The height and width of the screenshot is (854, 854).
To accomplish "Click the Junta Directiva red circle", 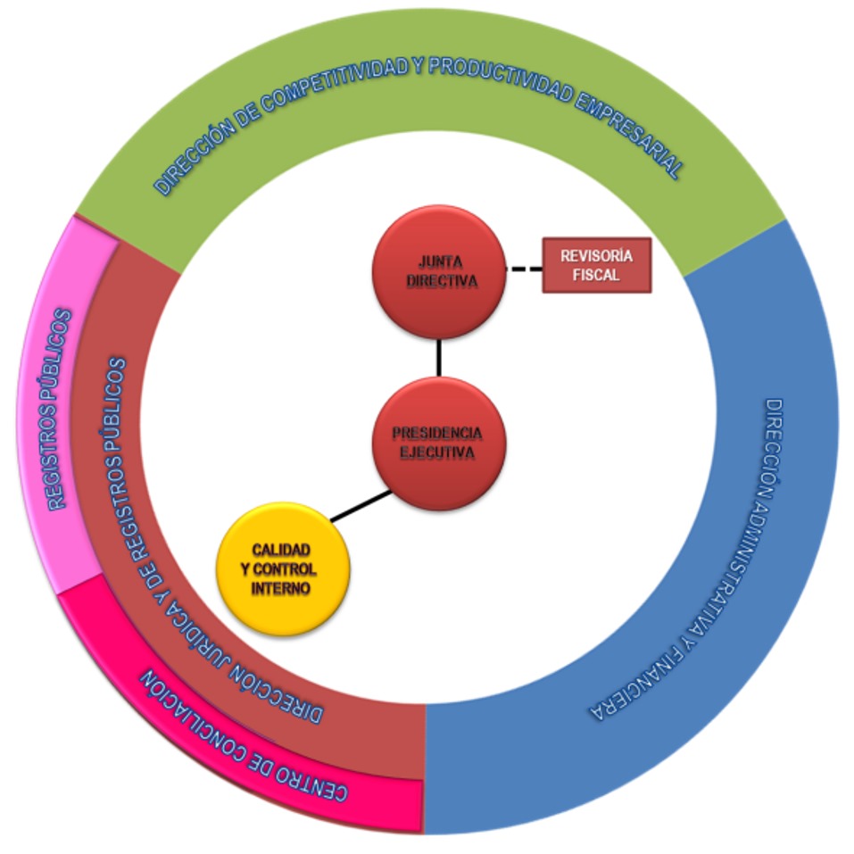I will pos(439,271).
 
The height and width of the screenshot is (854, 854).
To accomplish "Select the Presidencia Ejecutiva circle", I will pos(439,443).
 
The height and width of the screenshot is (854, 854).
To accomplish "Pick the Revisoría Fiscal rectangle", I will pos(596,265).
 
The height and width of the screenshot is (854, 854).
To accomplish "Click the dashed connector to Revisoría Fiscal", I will pos(525,267).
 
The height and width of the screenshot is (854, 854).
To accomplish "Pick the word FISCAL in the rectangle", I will pos(597,275).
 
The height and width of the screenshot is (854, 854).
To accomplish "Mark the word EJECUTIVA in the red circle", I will pos(437,452).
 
